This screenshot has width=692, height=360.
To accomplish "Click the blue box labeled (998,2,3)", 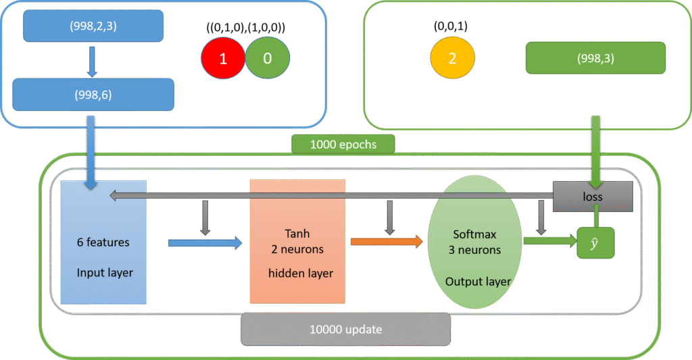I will (x=93, y=26).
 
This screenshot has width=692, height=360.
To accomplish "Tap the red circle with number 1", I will (x=223, y=58).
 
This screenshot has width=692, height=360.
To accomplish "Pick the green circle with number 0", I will (x=267, y=58).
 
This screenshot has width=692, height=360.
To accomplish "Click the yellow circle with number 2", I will (x=452, y=57).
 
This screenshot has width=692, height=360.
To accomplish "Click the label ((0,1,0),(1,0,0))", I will (x=245, y=28).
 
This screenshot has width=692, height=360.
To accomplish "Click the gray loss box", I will (x=593, y=196).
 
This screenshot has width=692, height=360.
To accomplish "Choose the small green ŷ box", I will (x=595, y=242).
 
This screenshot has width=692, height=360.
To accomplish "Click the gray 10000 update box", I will (x=345, y=329).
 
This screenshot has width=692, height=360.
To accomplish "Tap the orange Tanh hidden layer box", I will (x=297, y=241).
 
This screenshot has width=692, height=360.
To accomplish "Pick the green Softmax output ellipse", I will (x=475, y=242).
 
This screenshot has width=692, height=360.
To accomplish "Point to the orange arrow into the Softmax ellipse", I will (x=387, y=241).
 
